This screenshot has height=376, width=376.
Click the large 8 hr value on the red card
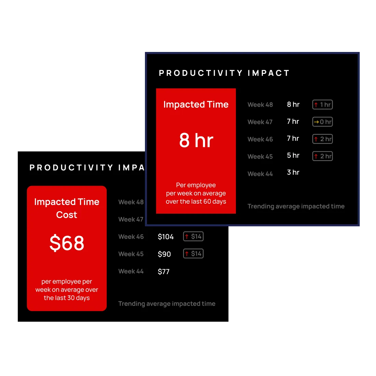pyautogui.click(x=196, y=140)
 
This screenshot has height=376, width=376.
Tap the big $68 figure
pyautogui.click(x=67, y=243)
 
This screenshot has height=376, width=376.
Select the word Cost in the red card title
pyautogui.click(x=67, y=215)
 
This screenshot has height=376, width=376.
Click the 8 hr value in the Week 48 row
pyautogui.click(x=293, y=104)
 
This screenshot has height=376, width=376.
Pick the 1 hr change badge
pyautogui.click(x=323, y=105)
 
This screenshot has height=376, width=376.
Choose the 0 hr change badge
pyautogui.click(x=323, y=122)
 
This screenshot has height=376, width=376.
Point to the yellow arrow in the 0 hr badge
pyautogui.click(x=316, y=122)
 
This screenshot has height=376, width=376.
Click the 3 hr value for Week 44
pyautogui.click(x=293, y=172)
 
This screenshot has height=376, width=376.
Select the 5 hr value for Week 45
pyautogui.click(x=293, y=155)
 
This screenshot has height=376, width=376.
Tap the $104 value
pyautogui.click(x=166, y=237)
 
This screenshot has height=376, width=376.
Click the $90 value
pyautogui.click(x=164, y=254)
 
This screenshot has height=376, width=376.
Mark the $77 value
pyautogui.click(x=163, y=271)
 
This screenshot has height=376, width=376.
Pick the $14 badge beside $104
pyautogui.click(x=193, y=237)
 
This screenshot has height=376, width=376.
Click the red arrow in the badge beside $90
pyautogui.click(x=187, y=254)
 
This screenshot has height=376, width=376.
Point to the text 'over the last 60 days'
pyautogui.click(x=196, y=201)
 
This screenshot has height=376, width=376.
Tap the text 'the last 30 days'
pyautogui.click(x=67, y=298)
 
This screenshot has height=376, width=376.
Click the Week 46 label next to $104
pyautogui.click(x=131, y=237)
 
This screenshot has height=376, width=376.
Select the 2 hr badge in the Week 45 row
pyautogui.click(x=323, y=156)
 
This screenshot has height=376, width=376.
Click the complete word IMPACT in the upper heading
pyautogui.click(x=269, y=73)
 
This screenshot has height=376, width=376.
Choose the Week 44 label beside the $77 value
pyautogui.click(x=131, y=271)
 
